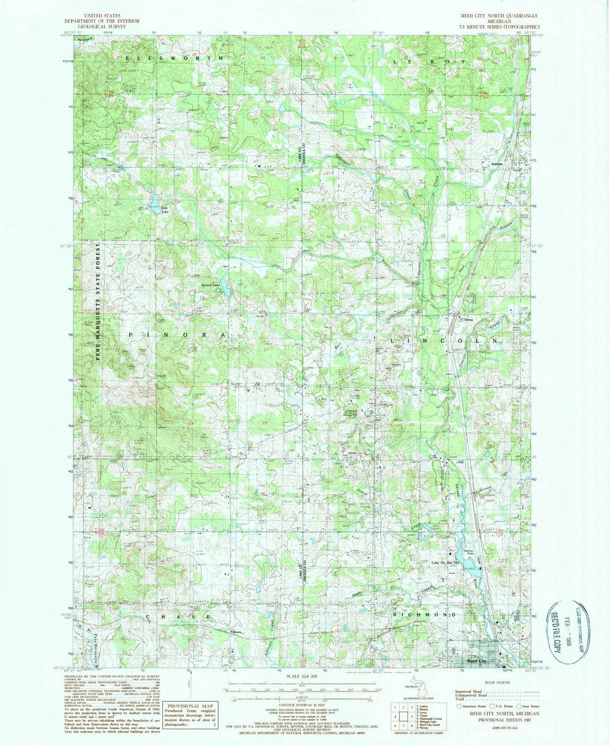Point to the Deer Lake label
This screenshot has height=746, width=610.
[x=165, y=211]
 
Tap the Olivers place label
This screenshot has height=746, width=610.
[x=236, y=632]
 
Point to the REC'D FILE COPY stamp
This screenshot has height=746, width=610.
[x=559, y=627]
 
